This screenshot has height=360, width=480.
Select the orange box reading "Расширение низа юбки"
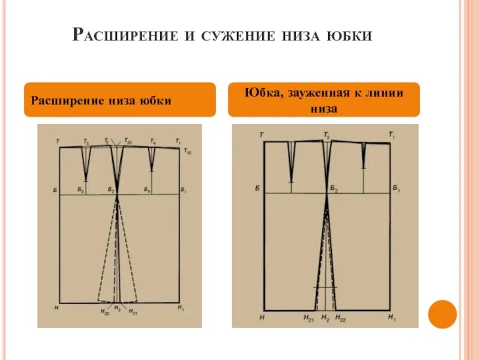point(119,100)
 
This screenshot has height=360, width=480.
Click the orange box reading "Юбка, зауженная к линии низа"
point(323,100)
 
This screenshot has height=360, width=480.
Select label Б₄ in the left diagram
point(147,190)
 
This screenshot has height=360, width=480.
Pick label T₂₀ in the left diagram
point(128,142)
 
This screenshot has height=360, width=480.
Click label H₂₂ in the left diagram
point(105,311)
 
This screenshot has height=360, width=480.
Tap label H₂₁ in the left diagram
point(133,311)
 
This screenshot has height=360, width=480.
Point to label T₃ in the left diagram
point(86,142)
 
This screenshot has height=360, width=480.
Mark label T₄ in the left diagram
point(152,142)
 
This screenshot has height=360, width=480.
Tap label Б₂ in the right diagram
point(334,188)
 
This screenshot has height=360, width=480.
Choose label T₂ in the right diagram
point(327,136)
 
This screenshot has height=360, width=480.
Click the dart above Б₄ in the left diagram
point(151,157)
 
